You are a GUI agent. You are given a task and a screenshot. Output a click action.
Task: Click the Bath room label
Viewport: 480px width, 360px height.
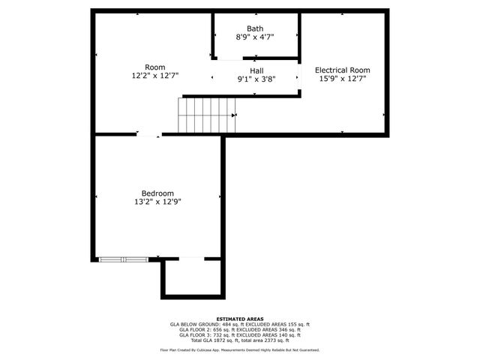[x=255, y=28]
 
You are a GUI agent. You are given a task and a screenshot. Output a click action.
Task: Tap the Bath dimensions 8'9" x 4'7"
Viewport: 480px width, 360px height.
[x=255, y=37]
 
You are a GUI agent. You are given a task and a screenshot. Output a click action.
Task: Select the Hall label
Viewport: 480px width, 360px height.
[x=256, y=70]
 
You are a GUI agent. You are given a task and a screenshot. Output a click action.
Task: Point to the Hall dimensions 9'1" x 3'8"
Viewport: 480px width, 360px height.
[x=256, y=79]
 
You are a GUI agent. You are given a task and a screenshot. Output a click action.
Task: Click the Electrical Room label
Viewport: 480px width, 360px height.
[x=342, y=70]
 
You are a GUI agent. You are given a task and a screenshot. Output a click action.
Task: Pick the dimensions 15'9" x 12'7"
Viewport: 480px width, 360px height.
[x=342, y=79]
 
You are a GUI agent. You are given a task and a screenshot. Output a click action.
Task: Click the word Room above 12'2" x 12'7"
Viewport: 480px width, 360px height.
[x=154, y=67]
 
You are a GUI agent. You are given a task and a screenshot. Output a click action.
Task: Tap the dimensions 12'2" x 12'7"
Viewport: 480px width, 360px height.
[x=154, y=75]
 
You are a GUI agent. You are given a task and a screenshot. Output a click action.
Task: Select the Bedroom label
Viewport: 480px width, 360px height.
[x=157, y=193]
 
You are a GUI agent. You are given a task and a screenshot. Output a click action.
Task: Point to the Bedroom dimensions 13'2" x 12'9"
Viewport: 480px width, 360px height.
[x=157, y=201]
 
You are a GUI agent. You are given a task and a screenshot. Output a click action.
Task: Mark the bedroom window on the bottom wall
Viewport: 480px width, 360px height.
[x=123, y=259]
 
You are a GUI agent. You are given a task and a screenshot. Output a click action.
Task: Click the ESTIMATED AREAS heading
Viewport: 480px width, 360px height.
[x=240, y=319]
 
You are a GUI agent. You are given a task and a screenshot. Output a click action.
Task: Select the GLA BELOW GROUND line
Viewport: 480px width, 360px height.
[x=240, y=325]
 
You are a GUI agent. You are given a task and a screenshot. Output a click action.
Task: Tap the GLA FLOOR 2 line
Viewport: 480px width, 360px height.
[x=240, y=330]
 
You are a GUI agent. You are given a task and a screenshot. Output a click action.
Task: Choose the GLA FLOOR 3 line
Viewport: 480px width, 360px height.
[x=240, y=335]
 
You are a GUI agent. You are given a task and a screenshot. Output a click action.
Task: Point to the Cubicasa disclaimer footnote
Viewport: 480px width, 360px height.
[x=240, y=349]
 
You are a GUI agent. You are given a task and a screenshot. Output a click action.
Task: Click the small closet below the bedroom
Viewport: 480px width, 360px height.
[x=193, y=277]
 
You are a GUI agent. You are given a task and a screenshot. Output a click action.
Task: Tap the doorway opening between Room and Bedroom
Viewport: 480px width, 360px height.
[x=148, y=135]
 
